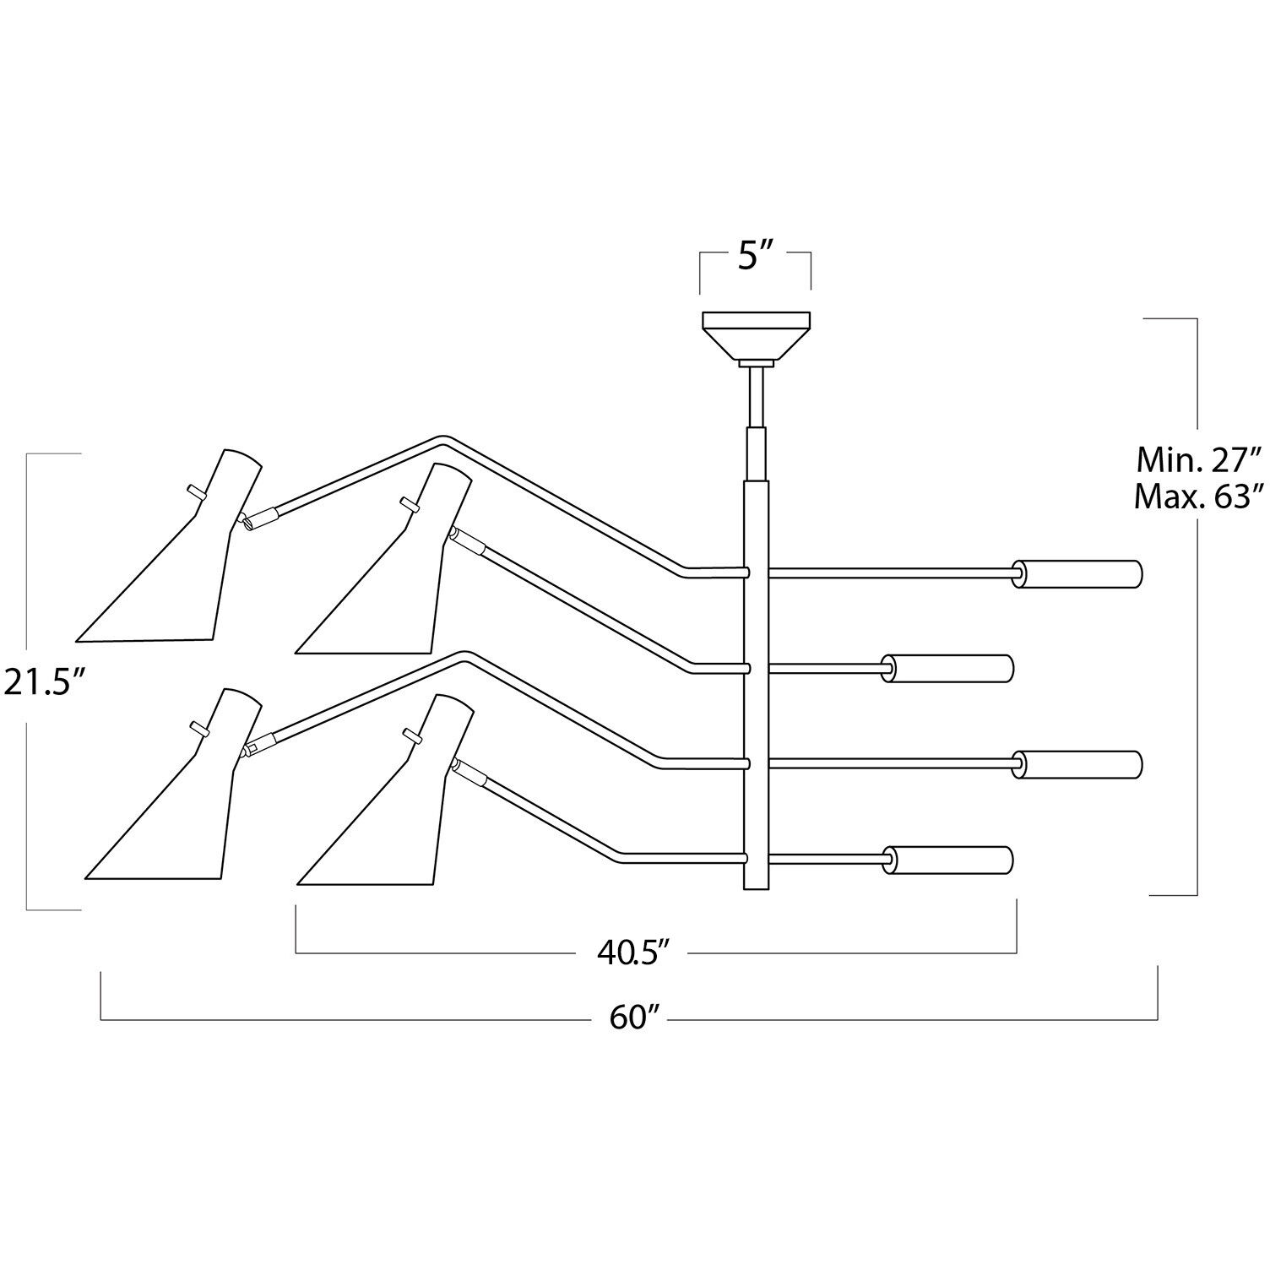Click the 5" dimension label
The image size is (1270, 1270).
755,256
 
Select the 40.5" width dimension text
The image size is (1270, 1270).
633,952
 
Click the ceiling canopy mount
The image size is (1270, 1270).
756,334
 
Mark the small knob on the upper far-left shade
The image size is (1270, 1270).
194,491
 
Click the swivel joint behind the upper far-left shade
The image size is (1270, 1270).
247,522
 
